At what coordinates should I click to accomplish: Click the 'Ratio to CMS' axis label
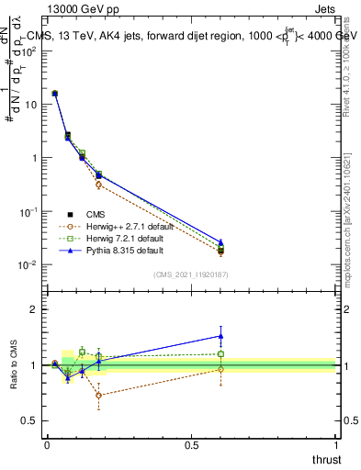point(14,365)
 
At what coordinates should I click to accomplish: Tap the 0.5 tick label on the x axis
point(191,445)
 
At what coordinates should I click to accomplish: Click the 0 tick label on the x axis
point(47,445)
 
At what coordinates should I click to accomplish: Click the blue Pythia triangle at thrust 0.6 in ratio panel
point(220,335)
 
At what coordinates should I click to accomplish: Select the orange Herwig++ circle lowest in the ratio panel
point(98,396)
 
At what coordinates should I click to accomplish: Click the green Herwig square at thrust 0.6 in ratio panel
point(220,353)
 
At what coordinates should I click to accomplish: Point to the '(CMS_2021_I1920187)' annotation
point(191,274)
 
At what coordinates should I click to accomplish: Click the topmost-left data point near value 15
point(55,94)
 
